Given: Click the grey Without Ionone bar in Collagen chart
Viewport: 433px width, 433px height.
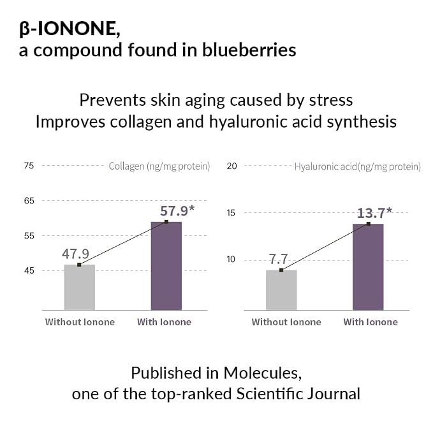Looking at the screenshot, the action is point(80,287).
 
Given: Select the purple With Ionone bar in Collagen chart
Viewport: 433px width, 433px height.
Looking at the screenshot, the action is point(166,266).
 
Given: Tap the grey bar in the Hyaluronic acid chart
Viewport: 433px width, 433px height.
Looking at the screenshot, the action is point(281,290).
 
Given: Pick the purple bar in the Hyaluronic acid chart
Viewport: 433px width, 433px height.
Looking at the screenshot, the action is point(368,267).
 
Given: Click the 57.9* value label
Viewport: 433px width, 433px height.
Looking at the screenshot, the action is point(177,211).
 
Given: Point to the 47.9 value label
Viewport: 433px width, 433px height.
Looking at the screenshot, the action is point(75,254).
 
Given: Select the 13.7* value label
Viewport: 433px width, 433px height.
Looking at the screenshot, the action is point(374,213).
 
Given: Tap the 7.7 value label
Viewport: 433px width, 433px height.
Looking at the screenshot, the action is point(278,260).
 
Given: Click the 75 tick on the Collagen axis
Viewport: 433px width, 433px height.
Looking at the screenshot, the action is point(29,166).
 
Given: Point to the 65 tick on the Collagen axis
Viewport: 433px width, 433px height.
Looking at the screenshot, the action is point(29,201).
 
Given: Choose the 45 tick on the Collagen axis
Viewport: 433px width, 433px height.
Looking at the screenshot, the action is point(29,270).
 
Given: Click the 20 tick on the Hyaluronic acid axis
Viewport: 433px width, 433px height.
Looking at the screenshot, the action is point(231,166).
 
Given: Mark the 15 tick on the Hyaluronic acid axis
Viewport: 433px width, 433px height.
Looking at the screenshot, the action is point(231,213).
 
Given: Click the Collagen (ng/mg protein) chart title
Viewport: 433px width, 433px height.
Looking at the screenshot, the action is point(159,166).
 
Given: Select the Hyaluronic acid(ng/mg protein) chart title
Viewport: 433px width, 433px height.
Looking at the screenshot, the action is point(358,166).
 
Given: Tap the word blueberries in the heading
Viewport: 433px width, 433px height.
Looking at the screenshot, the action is point(249,50).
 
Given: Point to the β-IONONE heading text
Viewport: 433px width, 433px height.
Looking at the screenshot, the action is point(70,29).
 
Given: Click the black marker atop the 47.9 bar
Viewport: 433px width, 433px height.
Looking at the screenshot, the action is point(79,265).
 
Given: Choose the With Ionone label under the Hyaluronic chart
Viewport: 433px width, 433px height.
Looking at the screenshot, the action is point(371,322).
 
